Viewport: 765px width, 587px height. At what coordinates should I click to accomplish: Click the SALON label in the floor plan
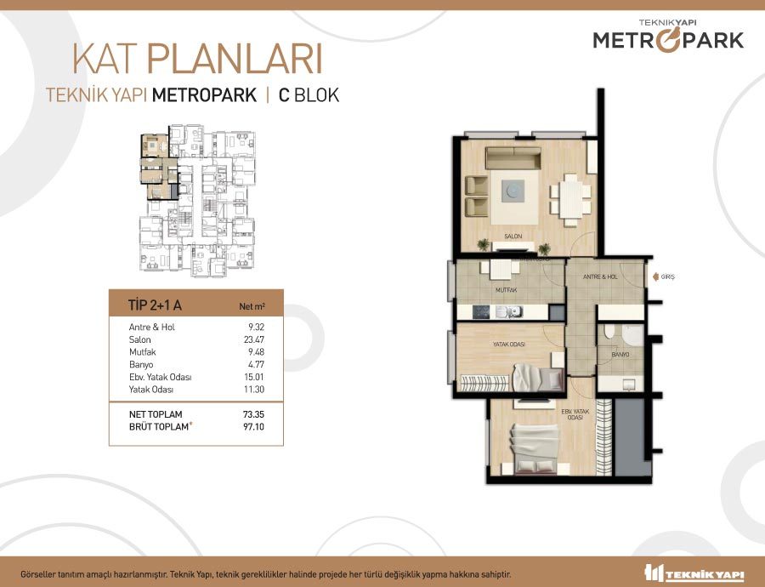(x=513, y=237)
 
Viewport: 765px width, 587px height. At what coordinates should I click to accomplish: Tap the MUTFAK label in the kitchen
(x=506, y=290)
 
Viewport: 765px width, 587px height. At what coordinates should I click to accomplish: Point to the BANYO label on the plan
(x=620, y=355)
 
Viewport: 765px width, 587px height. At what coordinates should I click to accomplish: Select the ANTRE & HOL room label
(x=600, y=276)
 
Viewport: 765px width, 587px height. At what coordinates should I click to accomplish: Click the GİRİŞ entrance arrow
(x=655, y=276)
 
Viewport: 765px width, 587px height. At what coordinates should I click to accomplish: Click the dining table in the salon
(x=570, y=200)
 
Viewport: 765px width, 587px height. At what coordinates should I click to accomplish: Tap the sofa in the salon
(x=513, y=158)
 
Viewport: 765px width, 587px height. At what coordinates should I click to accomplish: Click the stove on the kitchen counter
(x=481, y=312)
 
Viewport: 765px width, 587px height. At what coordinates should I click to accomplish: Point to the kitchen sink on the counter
(x=509, y=312)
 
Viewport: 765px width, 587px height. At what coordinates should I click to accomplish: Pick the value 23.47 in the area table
(x=254, y=339)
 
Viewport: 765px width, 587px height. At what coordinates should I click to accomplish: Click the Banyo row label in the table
(x=141, y=364)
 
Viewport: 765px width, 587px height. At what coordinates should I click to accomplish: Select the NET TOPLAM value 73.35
(x=253, y=414)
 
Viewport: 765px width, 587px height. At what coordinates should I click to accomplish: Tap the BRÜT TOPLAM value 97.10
(x=253, y=426)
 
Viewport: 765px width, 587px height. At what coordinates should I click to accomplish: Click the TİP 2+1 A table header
(x=155, y=305)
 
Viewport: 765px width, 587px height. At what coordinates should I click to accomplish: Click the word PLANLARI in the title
(x=235, y=60)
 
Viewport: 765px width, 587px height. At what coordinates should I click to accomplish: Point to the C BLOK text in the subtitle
(x=309, y=94)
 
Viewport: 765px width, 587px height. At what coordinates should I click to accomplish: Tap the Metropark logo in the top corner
(x=668, y=35)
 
